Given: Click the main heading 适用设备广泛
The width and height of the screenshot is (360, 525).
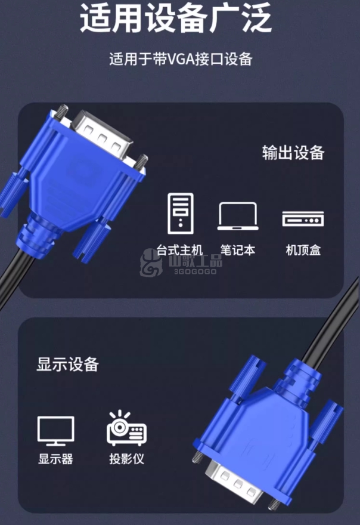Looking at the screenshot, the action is (x=175, y=18).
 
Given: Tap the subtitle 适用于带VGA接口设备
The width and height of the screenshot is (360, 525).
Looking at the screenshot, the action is (x=181, y=59).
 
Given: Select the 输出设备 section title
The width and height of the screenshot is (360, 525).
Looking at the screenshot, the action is (x=293, y=152).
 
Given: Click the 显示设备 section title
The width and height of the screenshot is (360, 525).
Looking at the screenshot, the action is (x=67, y=365).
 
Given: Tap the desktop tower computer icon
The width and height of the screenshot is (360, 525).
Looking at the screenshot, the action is (x=181, y=214).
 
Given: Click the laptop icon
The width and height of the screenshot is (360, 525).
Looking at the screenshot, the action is (x=238, y=217).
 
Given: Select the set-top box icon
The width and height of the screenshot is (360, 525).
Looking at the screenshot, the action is (x=303, y=219).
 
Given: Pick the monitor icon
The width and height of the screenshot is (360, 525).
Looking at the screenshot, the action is (x=56, y=431).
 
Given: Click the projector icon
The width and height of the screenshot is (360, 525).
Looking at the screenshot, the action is (x=126, y=428).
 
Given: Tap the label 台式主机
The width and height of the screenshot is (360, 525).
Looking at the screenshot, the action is (x=179, y=250).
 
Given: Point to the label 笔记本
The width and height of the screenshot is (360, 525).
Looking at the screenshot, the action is (x=238, y=250).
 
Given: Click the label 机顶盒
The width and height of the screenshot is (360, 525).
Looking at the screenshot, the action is (x=303, y=250).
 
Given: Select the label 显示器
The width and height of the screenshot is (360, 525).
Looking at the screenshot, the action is (x=55, y=459).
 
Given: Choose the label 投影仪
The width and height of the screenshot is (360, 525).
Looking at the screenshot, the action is (x=126, y=459).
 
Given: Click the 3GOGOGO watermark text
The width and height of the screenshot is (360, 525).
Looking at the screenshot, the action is (x=195, y=271).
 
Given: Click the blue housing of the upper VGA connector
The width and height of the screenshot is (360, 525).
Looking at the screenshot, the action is (x=72, y=187).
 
